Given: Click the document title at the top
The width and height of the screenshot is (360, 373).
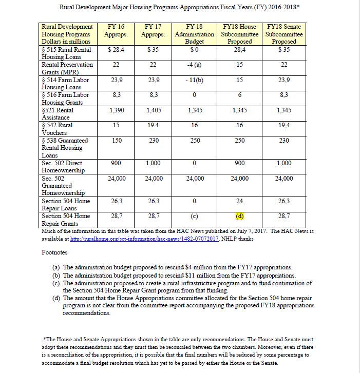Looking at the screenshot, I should (180, 8).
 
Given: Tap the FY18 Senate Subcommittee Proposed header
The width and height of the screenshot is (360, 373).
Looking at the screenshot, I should (284, 34).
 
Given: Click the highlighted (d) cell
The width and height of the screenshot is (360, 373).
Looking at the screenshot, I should (240, 216).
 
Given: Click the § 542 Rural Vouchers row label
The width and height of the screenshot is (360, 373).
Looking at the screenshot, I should (58, 129).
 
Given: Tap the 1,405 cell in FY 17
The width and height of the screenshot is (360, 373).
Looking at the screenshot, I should (154, 110).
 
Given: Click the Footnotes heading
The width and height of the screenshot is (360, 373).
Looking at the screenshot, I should (54, 252).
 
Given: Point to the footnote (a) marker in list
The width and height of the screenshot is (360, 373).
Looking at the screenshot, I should (56, 268).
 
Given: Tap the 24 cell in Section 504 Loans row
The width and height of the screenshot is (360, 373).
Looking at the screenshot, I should (240, 201).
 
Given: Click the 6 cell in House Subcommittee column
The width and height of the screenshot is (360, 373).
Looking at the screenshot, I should (240, 95).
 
